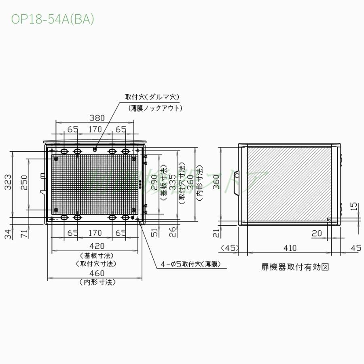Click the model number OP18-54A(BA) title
coord(53,20)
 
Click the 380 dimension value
coord(97,118)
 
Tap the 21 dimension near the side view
coord(216,233)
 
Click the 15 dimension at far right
coord(354,207)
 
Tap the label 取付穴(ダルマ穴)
coord(152,97)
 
